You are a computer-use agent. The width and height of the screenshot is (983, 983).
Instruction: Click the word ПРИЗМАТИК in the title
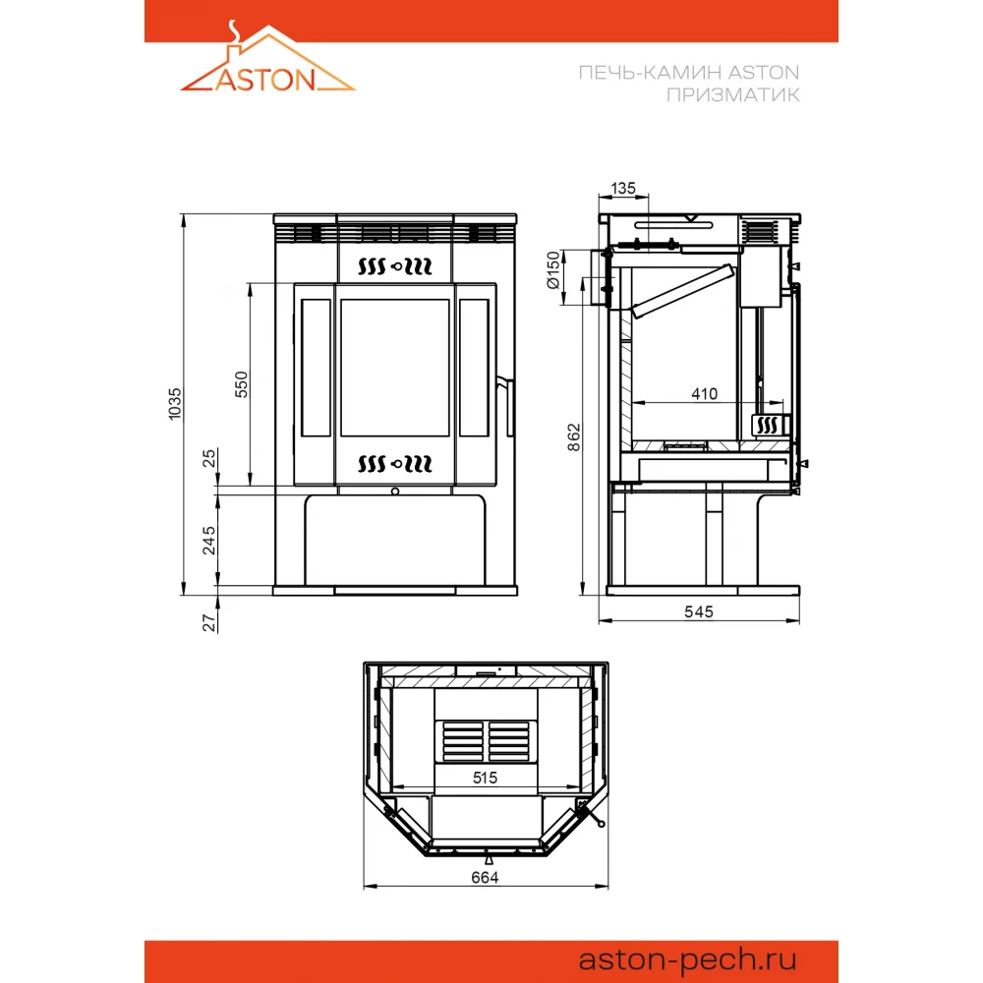pyautogui.click(x=732, y=95)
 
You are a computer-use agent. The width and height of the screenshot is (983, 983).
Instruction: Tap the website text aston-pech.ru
pyautogui.click(x=687, y=959)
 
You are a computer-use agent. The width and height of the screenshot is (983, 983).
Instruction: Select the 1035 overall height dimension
pyautogui.click(x=175, y=404)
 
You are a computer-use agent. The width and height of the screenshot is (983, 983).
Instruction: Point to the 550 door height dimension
pyautogui.click(x=242, y=384)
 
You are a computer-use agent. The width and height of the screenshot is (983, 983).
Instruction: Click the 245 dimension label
pyautogui.click(x=208, y=541)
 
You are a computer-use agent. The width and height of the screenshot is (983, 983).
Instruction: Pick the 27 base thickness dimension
pyautogui.click(x=208, y=622)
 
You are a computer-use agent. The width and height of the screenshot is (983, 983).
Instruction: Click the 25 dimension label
pyautogui.click(x=208, y=458)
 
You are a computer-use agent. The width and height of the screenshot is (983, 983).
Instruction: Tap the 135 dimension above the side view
pyautogui.click(x=622, y=188)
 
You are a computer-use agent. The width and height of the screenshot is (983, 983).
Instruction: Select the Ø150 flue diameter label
pyautogui.click(x=552, y=269)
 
